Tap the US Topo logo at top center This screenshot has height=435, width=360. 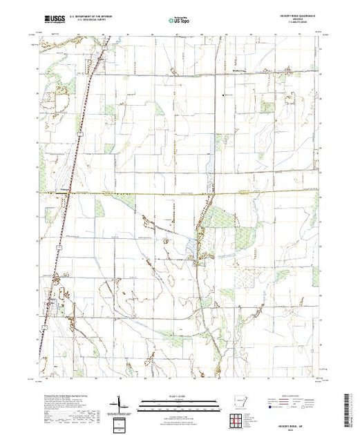[178, 20]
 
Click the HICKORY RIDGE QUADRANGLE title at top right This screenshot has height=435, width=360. [301, 17]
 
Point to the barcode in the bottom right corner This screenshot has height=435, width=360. [348, 407]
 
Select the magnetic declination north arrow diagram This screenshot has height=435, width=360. [120, 403]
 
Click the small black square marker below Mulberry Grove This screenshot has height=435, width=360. [223, 95]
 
